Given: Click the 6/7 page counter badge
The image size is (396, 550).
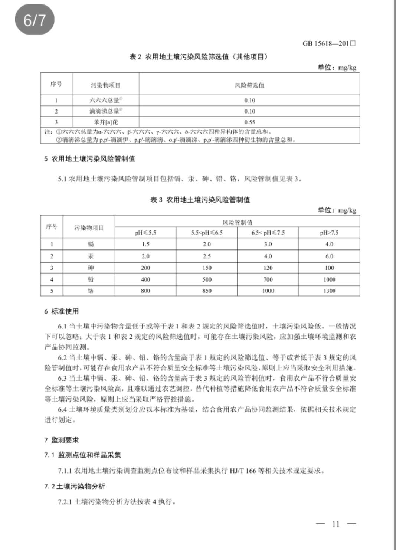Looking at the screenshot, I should (35, 20).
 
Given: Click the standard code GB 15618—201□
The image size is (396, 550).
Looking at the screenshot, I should (329, 43).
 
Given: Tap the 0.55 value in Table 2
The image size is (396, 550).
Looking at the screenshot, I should (249, 122).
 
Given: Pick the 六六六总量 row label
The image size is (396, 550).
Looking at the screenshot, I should (106, 100).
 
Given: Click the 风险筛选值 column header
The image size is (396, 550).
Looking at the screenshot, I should (249, 85).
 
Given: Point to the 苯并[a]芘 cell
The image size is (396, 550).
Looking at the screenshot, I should (106, 122).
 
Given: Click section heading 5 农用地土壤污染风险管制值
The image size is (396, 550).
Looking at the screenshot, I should (89, 159).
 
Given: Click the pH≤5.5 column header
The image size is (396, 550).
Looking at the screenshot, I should (145, 233).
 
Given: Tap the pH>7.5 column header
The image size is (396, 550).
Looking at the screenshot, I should (329, 233).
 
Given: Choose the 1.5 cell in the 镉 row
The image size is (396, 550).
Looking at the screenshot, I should (145, 244).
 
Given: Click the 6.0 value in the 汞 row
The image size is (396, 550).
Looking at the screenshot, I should (329, 256).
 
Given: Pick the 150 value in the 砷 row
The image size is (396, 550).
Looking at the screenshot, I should (207, 268).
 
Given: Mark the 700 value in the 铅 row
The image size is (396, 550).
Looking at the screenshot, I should (268, 279).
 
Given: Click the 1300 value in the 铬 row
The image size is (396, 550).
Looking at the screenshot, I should (329, 291).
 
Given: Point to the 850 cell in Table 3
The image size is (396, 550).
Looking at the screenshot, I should (207, 291).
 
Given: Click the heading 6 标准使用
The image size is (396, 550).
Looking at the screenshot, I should (61, 311).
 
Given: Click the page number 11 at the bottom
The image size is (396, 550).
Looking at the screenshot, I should (336, 524).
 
